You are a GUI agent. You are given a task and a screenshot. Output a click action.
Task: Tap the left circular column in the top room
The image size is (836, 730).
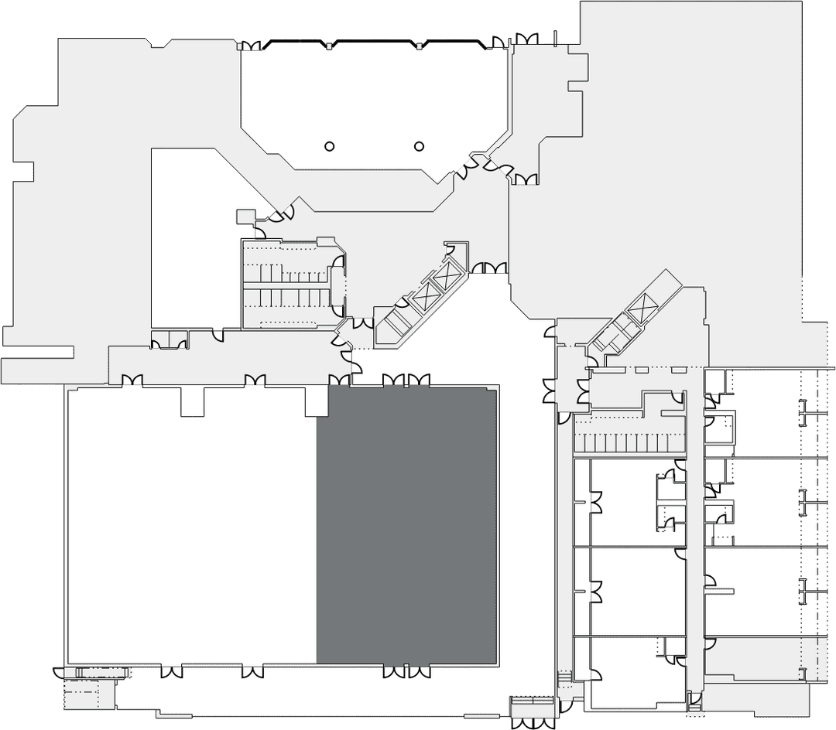pyautogui.click(x=329, y=146)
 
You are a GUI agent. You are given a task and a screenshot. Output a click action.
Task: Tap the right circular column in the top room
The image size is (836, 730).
pyautogui.click(x=420, y=145)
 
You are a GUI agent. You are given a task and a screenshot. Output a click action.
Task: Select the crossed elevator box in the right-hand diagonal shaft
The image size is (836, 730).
pyautogui.click(x=642, y=309)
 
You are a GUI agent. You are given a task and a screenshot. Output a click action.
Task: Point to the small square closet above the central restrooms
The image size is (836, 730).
pyautogui.click(x=245, y=216)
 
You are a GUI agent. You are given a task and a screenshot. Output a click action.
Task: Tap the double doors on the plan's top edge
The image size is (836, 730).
pyautogui.click(x=526, y=38)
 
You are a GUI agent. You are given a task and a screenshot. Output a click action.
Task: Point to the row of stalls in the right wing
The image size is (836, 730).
pyautogui.click(x=629, y=444)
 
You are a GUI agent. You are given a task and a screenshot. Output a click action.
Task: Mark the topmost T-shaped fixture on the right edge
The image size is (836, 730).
pyautogui.click(x=806, y=414)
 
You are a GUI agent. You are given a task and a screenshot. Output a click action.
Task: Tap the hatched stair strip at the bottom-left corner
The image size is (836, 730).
pyautogui.click(x=101, y=672)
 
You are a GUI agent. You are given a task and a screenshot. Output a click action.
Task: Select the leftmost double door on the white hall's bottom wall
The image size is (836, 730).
pyautogui.click(x=172, y=671)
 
